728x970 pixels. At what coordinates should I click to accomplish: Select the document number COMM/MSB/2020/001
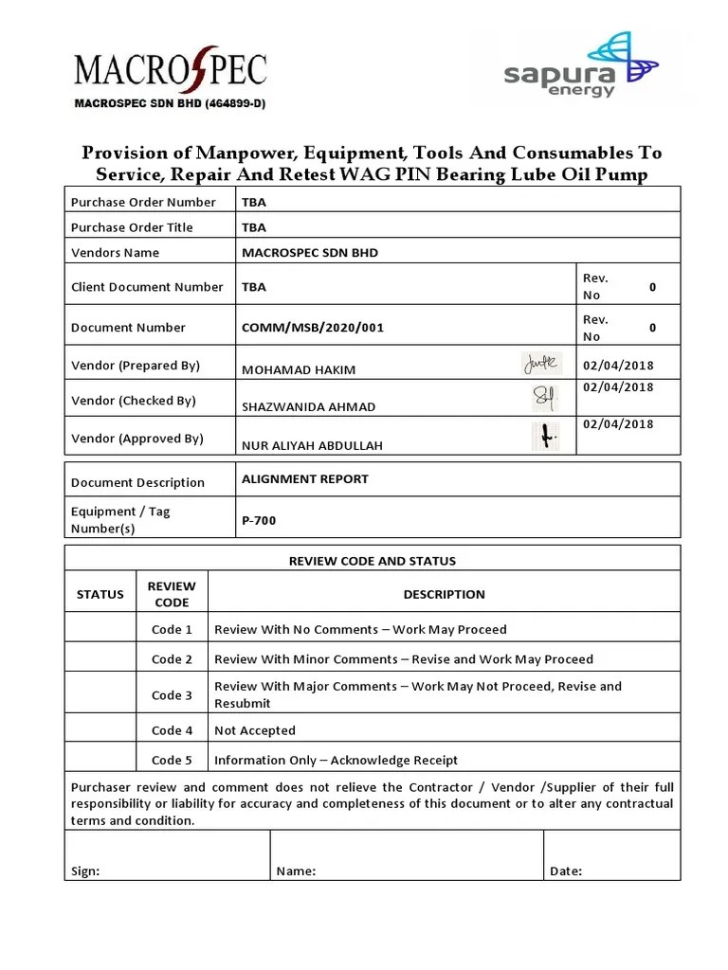click(313, 328)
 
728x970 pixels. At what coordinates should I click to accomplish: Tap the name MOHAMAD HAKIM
click(299, 369)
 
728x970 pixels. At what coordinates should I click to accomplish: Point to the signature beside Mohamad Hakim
click(541, 363)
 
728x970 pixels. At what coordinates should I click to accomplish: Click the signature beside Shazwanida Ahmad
click(545, 399)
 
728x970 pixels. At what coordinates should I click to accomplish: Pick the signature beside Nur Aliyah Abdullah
click(545, 436)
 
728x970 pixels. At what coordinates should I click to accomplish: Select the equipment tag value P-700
click(259, 520)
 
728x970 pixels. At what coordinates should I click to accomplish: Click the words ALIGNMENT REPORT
click(305, 479)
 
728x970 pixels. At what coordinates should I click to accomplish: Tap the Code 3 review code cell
click(172, 695)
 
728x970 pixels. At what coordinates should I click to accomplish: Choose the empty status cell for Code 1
click(100, 629)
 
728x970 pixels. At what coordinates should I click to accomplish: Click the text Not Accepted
click(255, 730)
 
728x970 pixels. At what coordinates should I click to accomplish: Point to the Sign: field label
click(85, 871)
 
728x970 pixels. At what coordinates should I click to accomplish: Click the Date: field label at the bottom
click(566, 871)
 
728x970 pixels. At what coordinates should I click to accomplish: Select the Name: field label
click(296, 871)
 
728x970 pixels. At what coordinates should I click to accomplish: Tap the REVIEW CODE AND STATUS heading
click(372, 561)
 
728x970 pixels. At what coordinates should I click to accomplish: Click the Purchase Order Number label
click(143, 202)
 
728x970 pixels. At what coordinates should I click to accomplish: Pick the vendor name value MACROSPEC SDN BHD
click(310, 253)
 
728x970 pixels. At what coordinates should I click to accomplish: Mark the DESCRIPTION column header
click(444, 595)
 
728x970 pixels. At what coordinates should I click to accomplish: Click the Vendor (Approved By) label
click(137, 439)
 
